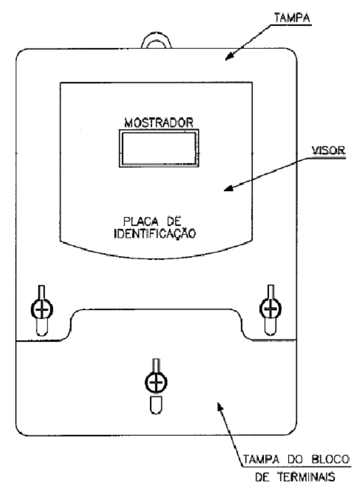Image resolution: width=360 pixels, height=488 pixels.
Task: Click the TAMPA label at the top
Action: [292, 18]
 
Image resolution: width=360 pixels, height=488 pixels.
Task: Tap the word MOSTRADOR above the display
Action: [159, 123]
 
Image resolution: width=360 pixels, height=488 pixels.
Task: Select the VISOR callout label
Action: [329, 151]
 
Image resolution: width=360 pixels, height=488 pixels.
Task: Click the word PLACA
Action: [141, 222]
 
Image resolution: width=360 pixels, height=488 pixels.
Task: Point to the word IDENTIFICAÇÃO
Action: [155, 233]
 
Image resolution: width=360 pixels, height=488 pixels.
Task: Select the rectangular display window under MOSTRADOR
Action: [159, 148]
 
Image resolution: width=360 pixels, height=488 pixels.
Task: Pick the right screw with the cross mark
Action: [270, 309]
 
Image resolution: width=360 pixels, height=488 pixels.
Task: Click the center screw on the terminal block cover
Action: [156, 382]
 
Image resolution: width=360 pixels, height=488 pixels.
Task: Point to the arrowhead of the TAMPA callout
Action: [229, 56]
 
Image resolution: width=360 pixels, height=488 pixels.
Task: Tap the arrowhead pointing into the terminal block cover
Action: [220, 406]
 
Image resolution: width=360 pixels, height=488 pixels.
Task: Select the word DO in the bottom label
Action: [294, 459]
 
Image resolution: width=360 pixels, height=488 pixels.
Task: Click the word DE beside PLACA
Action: [174, 222]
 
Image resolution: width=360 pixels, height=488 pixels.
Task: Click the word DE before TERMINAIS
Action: [262, 477]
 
